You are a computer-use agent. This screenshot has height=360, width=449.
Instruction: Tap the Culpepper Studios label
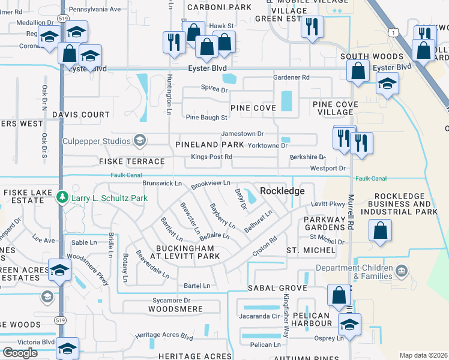click(96, 142)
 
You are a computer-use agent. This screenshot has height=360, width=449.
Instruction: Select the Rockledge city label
click(282, 191)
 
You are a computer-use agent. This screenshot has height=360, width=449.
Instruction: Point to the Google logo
click(20, 353)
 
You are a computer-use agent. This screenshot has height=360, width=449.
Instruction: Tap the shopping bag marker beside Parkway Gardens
click(381, 230)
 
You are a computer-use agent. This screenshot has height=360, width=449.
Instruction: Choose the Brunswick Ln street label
click(162, 183)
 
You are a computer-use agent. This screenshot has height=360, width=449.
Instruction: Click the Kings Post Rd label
click(211, 157)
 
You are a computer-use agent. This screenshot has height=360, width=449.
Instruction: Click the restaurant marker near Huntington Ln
click(172, 43)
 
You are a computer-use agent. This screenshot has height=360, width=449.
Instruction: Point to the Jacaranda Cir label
click(259, 316)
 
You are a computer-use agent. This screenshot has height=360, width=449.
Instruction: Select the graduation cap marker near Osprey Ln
click(349, 325)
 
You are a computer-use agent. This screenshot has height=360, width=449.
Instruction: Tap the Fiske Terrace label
click(132, 162)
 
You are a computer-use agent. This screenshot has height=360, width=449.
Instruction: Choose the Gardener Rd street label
click(291, 77)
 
